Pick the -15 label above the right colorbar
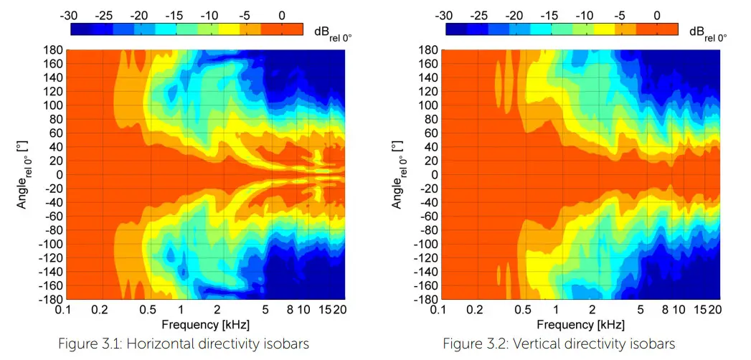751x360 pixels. click(x=551, y=15)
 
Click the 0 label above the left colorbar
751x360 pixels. click(x=282, y=15)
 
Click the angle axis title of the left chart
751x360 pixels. click(x=24, y=174)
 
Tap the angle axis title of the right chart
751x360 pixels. click(x=400, y=174)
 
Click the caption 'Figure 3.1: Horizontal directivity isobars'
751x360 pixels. click(x=184, y=344)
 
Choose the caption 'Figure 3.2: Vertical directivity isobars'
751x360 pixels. click(x=559, y=344)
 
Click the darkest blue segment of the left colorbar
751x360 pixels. click(x=82, y=29)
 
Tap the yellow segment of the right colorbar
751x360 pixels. click(x=605, y=29)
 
